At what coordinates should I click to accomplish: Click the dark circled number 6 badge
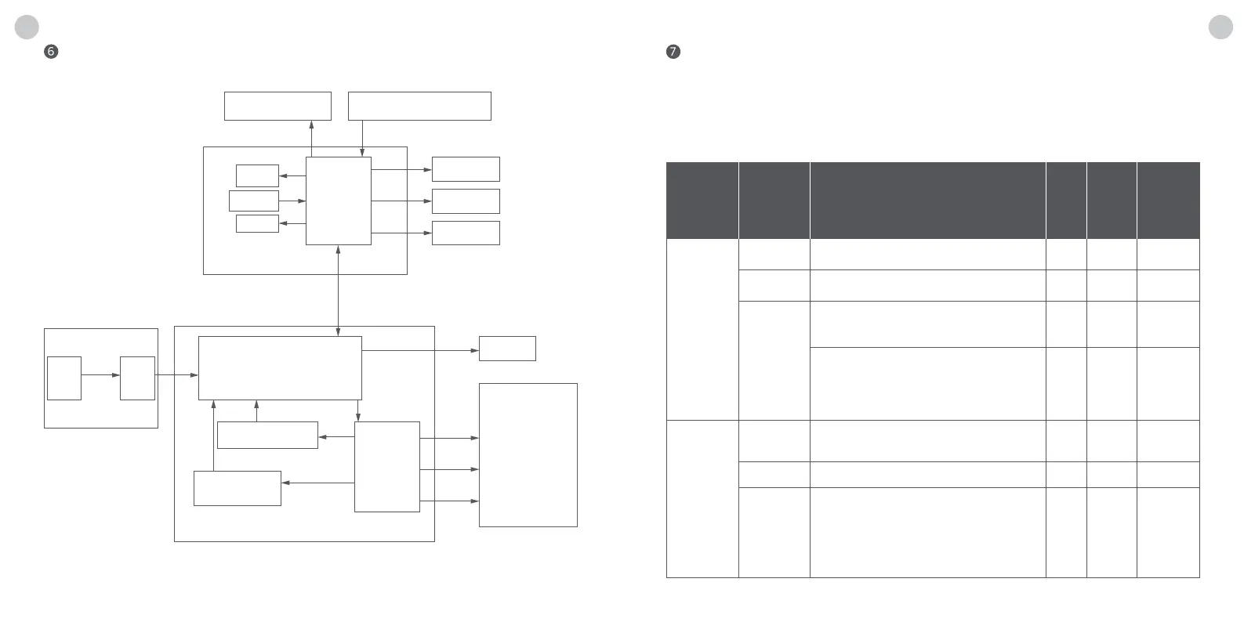point(51,52)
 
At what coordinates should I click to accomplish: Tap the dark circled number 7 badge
point(673,52)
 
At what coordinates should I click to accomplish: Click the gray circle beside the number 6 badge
point(27,27)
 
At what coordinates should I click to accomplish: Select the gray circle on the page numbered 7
point(1220,27)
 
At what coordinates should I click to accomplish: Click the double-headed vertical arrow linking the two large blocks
point(338,290)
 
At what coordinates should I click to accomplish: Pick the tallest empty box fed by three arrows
point(528,454)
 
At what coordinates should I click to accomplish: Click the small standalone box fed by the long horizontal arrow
point(507,349)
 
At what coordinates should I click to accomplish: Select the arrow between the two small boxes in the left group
point(100,375)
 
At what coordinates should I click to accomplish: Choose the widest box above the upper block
point(419,106)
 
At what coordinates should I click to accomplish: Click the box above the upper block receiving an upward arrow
point(277,106)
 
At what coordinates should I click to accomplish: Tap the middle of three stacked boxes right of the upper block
point(466,201)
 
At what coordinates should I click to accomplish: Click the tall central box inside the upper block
point(338,201)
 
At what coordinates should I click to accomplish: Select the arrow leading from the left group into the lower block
point(176,375)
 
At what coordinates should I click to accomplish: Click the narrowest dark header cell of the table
point(1066,200)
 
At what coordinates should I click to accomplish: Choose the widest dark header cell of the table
point(927,200)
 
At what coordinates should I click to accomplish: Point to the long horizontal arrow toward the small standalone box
point(420,350)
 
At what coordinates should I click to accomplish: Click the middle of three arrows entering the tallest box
point(449,469)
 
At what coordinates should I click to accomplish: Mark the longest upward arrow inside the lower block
point(213,435)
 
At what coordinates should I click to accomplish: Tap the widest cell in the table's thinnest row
point(927,475)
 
